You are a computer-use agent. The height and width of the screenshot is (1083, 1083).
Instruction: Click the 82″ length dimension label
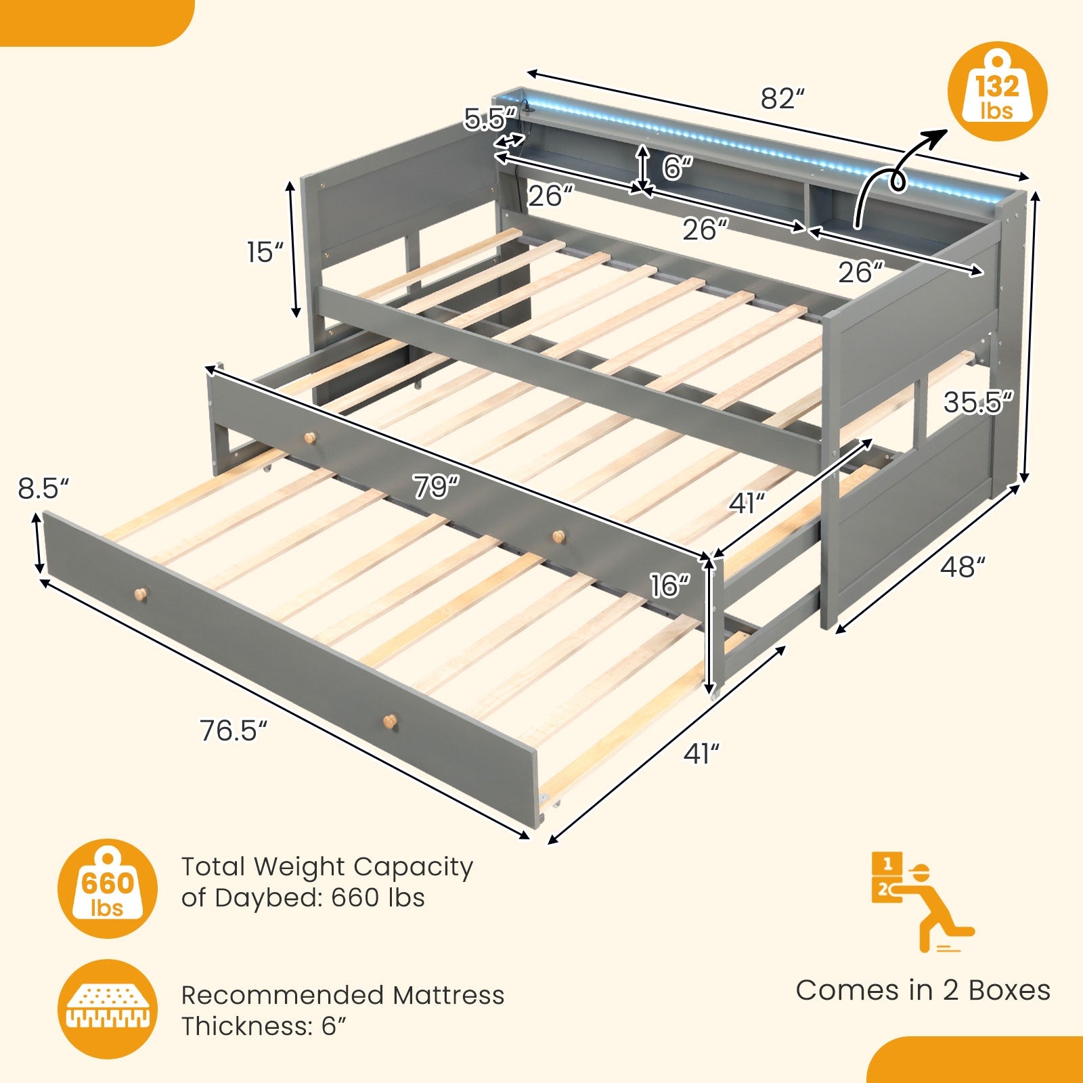tap(782, 99)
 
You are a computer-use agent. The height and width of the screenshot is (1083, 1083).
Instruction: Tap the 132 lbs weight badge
tap(997, 91)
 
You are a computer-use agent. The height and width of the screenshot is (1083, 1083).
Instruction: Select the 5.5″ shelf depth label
tap(491, 118)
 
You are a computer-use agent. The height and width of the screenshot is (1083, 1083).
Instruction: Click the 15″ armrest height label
tap(265, 252)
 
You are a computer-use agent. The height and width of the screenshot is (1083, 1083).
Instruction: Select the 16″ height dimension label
tap(670, 585)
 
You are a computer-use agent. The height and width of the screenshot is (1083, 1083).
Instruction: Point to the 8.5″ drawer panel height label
tap(43, 489)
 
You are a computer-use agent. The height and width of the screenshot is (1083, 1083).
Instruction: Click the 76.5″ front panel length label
tap(234, 731)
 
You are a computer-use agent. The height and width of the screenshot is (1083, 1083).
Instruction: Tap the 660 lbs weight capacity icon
tap(108, 888)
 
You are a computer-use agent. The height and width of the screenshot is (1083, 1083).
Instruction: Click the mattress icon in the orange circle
tap(108, 1009)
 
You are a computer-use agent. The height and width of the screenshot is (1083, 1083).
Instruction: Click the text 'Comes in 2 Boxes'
tap(923, 990)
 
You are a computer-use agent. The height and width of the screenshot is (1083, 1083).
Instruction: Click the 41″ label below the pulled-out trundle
tap(701, 753)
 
